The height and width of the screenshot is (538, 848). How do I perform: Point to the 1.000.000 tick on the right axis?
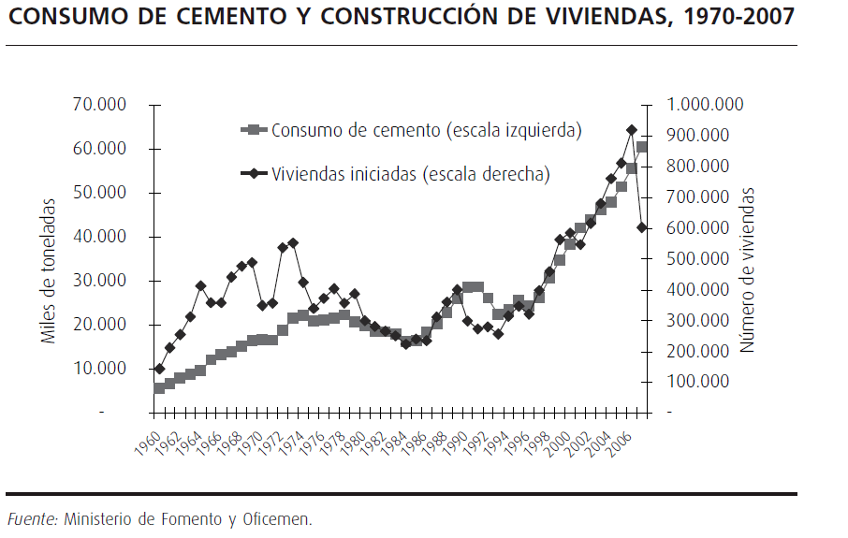[x=704, y=105]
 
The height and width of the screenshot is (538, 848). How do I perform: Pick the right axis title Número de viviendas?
[x=747, y=269]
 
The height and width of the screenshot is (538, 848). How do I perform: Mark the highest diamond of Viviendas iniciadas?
[x=632, y=130]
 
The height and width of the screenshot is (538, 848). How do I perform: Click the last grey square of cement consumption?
[x=642, y=147]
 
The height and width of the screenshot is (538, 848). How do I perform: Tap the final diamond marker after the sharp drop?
[x=642, y=227]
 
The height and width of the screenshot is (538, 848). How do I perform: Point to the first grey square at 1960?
[x=159, y=387]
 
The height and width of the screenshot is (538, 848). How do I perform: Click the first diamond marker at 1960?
[x=159, y=369]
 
